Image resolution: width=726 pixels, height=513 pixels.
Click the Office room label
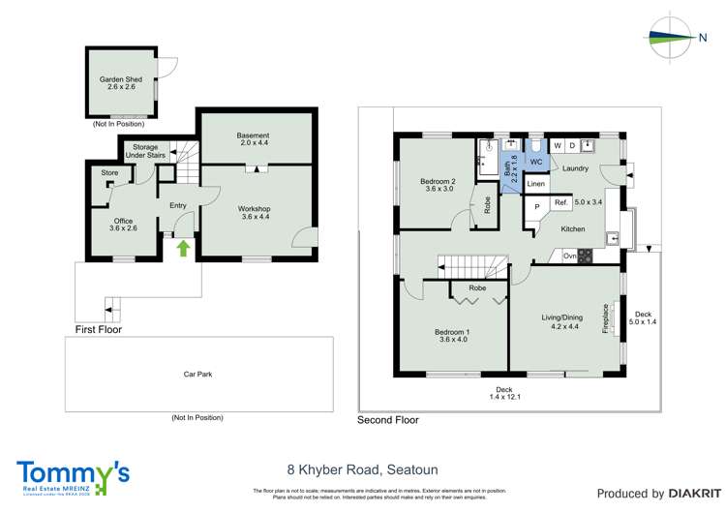tap(123, 225)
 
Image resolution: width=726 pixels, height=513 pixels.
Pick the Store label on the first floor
tap(109, 173)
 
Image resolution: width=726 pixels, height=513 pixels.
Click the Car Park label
tap(197, 373)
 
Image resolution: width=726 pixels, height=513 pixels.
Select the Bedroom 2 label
tap(438, 184)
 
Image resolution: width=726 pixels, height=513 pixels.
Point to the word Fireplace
tap(606, 320)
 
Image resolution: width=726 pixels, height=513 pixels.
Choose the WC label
tap(535, 163)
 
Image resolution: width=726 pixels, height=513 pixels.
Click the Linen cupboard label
tap(536, 184)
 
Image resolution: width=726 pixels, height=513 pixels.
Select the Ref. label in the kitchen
tap(560, 203)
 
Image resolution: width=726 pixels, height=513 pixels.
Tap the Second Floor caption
tap(388, 420)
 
